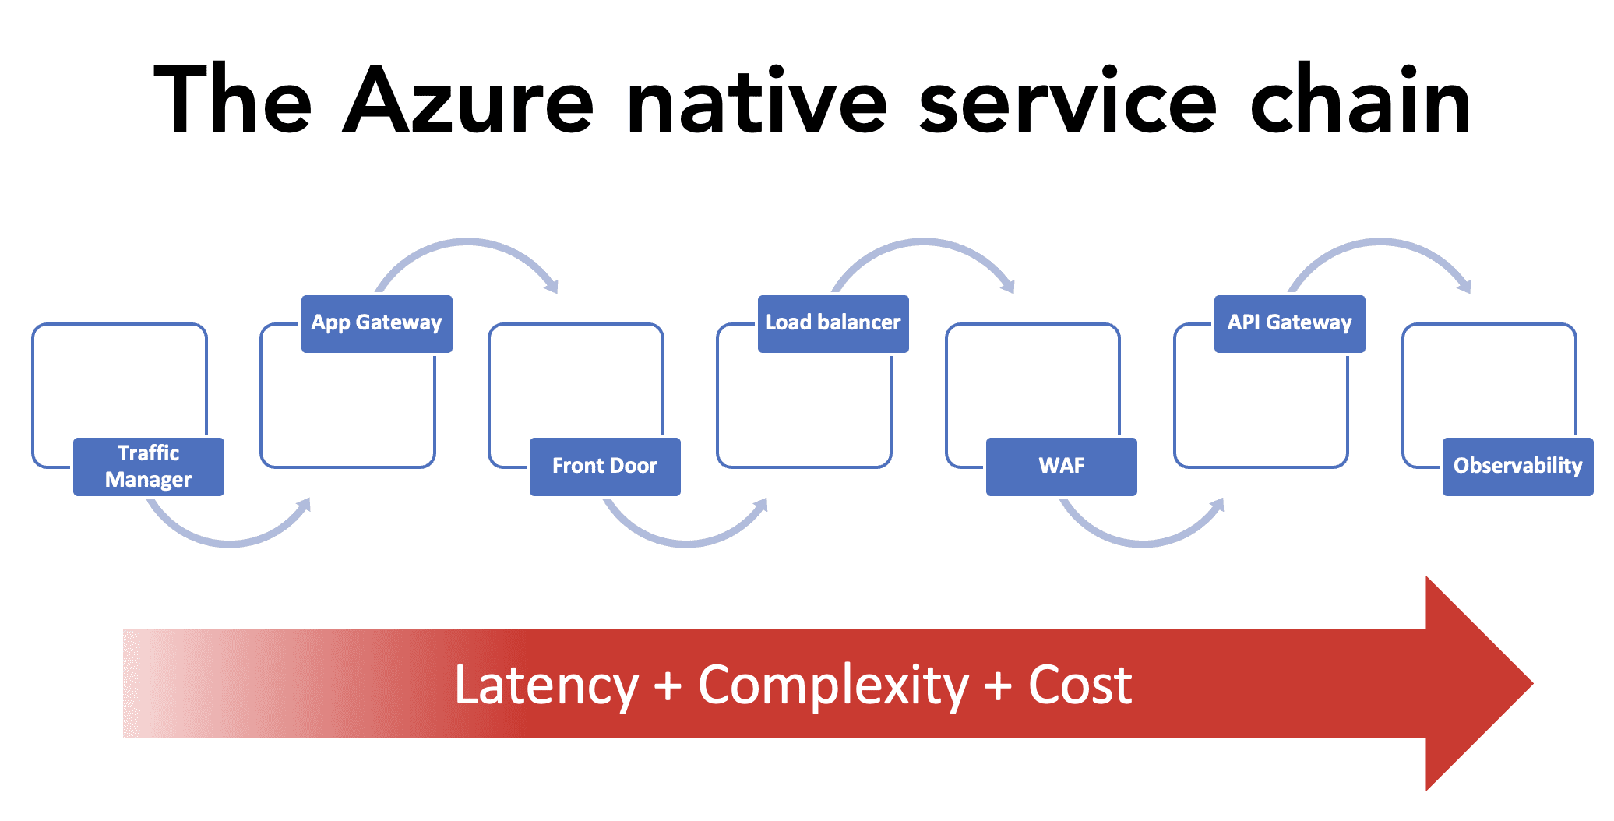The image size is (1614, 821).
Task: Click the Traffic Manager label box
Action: click(x=149, y=467)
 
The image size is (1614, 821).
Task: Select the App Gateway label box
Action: click(x=377, y=324)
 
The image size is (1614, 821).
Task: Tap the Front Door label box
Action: click(x=605, y=467)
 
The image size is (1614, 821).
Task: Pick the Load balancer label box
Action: click(x=833, y=324)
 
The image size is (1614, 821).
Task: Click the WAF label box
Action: click(x=1062, y=467)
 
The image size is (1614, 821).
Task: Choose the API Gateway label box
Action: click(x=1290, y=324)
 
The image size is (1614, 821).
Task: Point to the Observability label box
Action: click(x=1518, y=467)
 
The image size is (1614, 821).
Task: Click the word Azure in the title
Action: click(x=468, y=100)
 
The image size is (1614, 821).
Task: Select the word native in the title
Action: click(x=756, y=100)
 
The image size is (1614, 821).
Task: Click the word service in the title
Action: click(x=1067, y=100)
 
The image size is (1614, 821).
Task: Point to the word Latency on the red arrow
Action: click(x=546, y=686)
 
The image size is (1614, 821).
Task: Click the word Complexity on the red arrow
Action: click(x=833, y=686)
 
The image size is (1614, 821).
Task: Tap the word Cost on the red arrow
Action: click(x=1080, y=685)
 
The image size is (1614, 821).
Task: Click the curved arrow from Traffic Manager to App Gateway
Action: click(x=231, y=543)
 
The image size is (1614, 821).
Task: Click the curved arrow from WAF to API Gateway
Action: click(x=1144, y=543)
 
